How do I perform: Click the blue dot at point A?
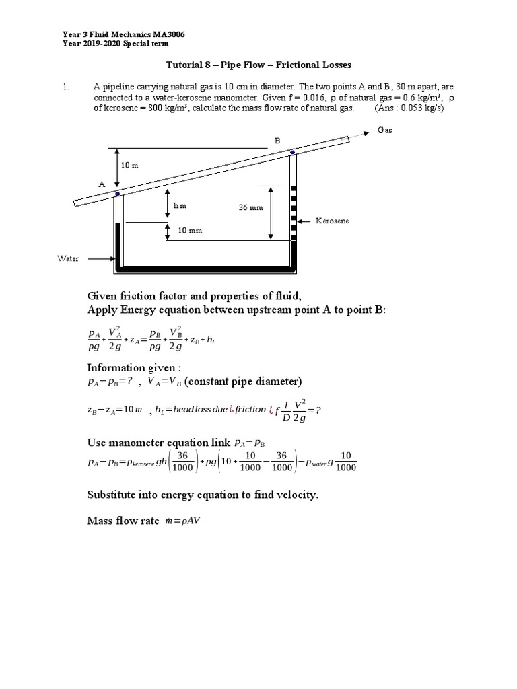pos(118,194)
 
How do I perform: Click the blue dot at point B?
pos(292,153)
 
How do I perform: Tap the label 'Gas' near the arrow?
pos(384,130)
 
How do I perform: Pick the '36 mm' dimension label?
pos(250,208)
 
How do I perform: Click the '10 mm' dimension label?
pos(190,231)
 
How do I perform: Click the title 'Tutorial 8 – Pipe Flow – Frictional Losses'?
pos(258,65)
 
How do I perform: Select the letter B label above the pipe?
pos(276,141)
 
